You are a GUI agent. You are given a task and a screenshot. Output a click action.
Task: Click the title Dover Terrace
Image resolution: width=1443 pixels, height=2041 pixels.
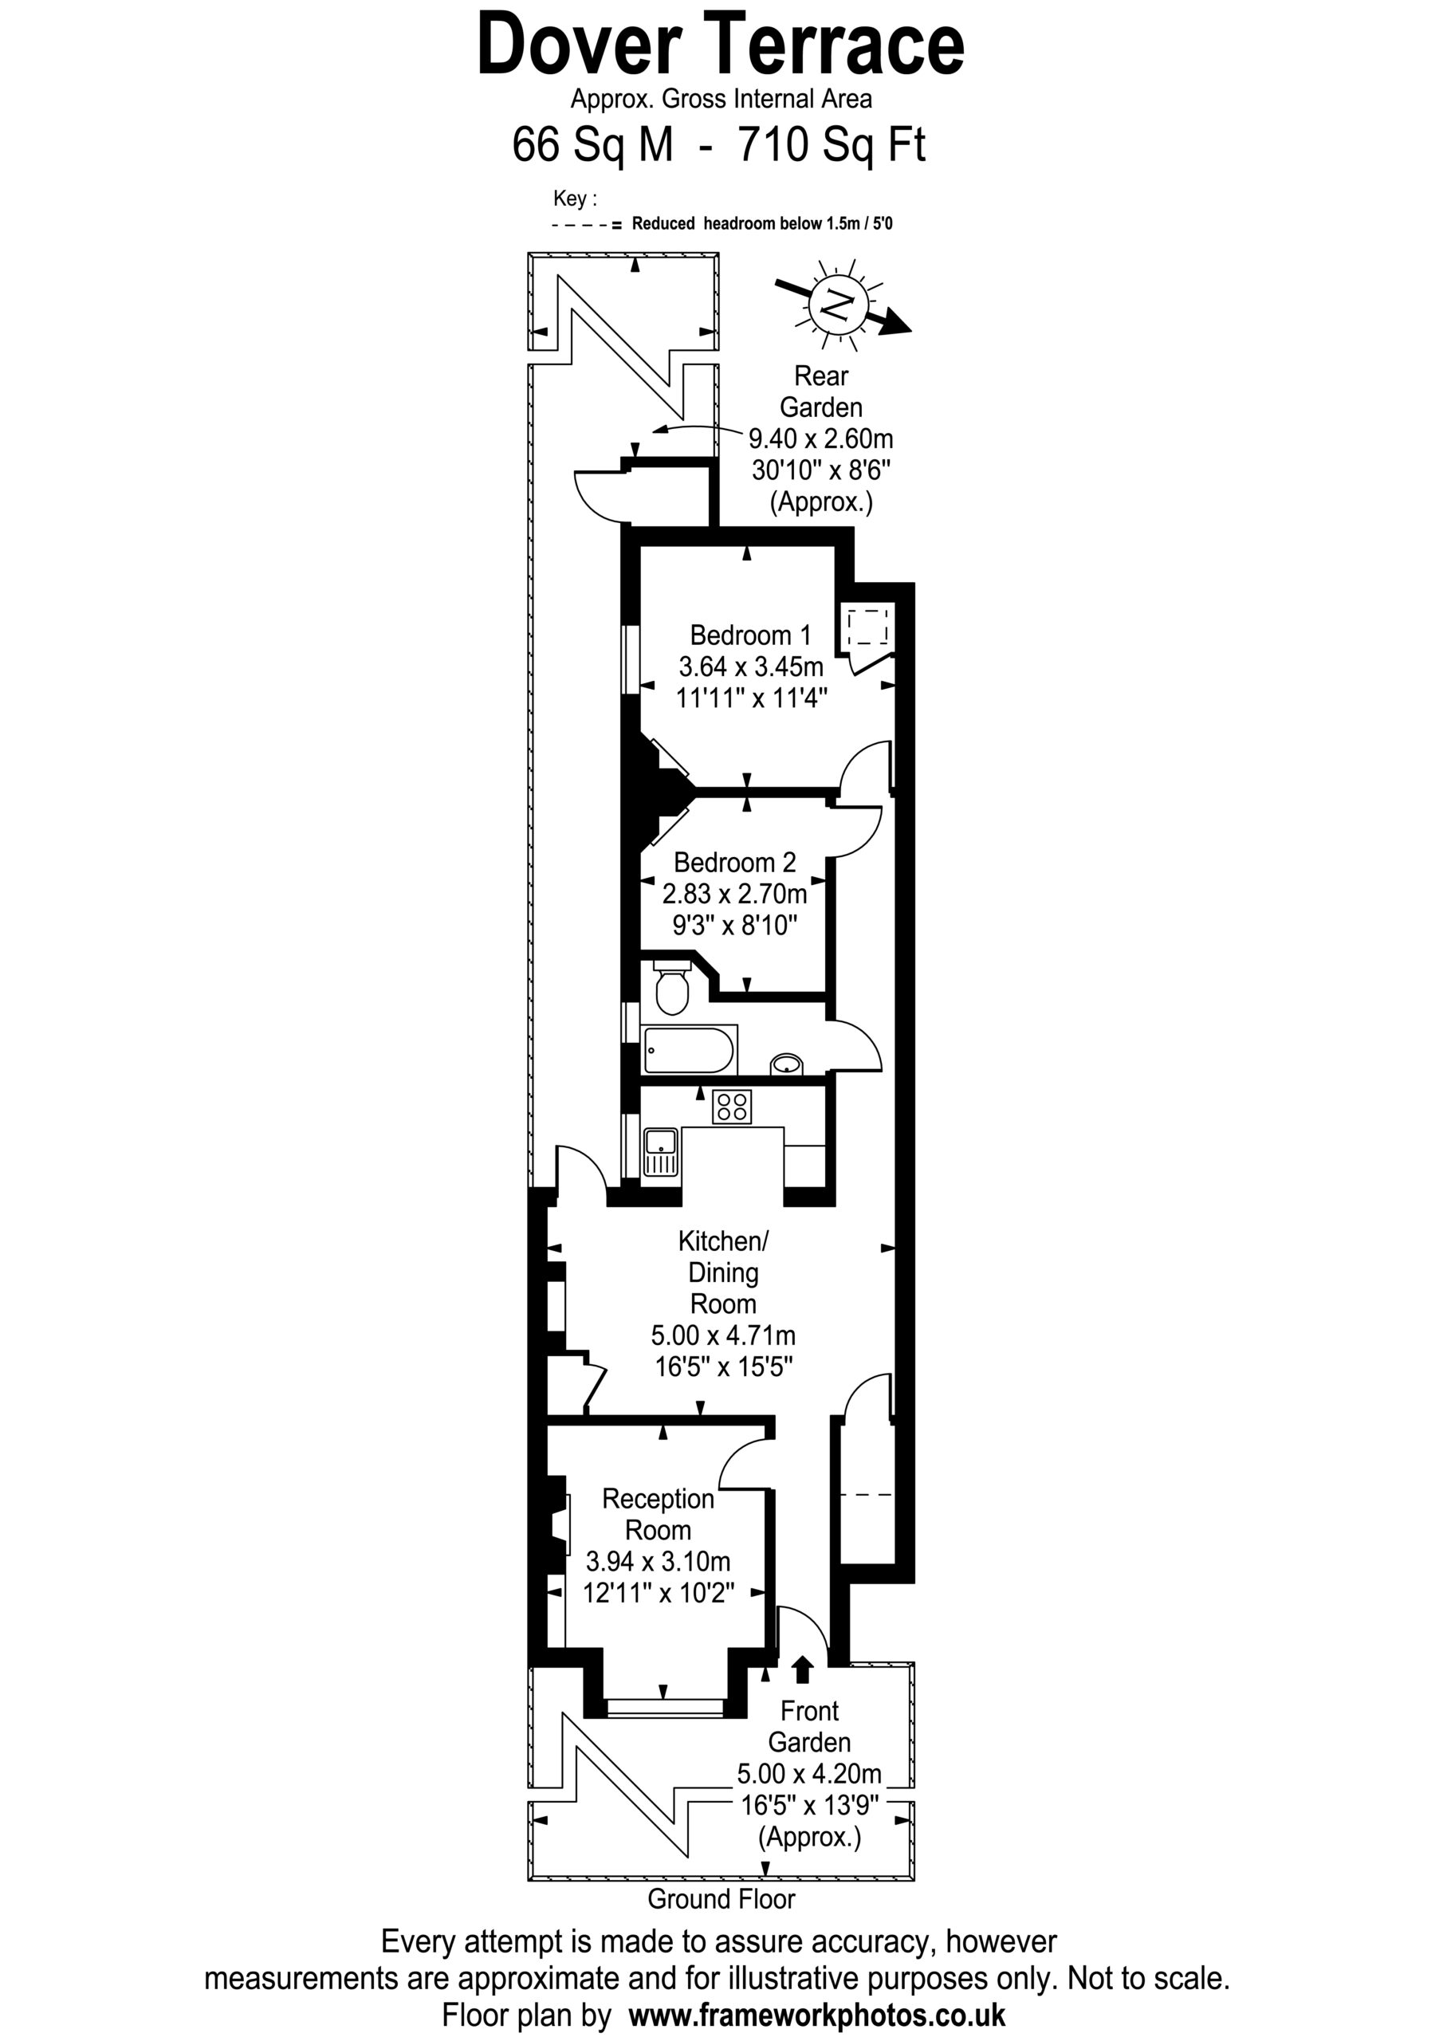click(x=720, y=45)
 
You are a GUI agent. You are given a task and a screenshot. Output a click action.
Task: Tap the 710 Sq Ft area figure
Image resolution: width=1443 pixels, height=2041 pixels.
click(x=832, y=144)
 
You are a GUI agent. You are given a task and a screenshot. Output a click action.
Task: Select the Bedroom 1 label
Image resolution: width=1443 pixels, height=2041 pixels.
click(x=750, y=635)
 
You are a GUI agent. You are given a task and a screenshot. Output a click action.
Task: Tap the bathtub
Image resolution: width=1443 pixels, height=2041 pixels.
click(x=689, y=1050)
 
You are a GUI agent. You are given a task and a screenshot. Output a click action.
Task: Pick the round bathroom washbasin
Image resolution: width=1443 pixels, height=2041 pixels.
click(x=786, y=1064)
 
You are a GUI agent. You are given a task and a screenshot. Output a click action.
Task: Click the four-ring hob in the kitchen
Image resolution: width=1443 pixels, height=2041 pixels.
click(x=732, y=1107)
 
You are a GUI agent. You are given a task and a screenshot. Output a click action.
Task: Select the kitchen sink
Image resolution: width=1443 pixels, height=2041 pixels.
click(x=661, y=1152)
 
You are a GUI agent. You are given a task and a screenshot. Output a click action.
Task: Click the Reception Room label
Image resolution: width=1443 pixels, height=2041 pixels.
click(x=658, y=1514)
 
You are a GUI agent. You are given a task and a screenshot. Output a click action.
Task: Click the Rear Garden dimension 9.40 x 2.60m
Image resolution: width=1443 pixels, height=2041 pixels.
click(x=820, y=438)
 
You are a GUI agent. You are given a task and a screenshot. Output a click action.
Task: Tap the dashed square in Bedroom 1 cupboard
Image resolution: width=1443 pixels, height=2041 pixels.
click(x=867, y=627)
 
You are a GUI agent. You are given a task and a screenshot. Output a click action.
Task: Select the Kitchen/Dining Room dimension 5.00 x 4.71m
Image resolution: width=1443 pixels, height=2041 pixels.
click(x=723, y=1335)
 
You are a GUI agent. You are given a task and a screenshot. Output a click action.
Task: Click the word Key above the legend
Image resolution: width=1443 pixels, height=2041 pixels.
click(x=574, y=199)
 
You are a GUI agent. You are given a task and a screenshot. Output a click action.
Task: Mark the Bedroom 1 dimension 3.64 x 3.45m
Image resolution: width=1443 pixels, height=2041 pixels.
click(x=751, y=666)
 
